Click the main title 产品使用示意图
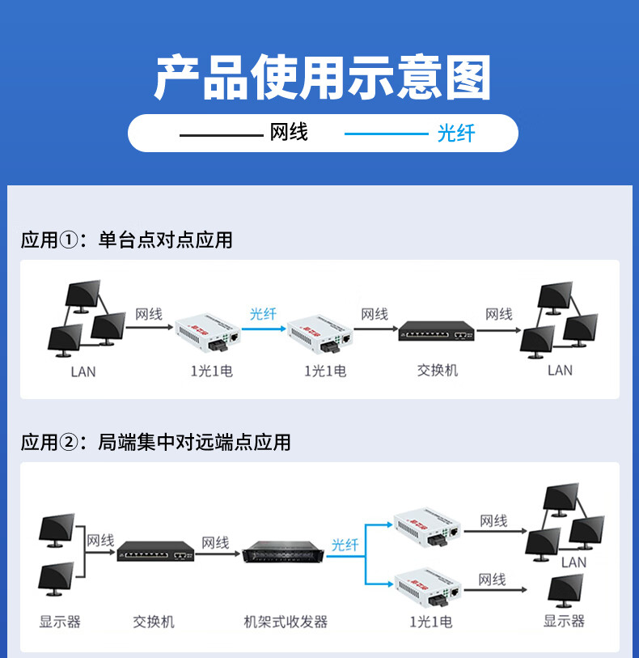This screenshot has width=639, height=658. pyautogui.click(x=323, y=77)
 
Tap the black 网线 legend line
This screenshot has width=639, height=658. pyautogui.click(x=221, y=135)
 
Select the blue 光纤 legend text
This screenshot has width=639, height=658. pyautogui.click(x=455, y=134)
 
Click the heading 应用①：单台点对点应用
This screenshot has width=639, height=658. pyautogui.click(x=126, y=240)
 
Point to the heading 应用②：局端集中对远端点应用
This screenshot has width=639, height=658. pyautogui.click(x=155, y=442)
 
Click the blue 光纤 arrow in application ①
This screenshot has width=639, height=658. pyautogui.click(x=264, y=329)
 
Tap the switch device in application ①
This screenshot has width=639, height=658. pyautogui.click(x=437, y=331)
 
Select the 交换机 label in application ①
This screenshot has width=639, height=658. pyautogui.click(x=438, y=370)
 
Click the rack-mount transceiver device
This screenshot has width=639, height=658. pyautogui.click(x=283, y=551)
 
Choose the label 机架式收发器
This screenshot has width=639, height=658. pyautogui.click(x=286, y=622)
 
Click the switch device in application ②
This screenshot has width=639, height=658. pyautogui.click(x=155, y=551)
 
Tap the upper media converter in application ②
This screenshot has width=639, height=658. pyautogui.click(x=427, y=528)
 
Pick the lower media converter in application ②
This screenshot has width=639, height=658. pyautogui.click(x=428, y=587)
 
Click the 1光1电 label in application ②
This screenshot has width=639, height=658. pyautogui.click(x=431, y=622)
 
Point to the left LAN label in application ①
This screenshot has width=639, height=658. pyautogui.click(x=83, y=371)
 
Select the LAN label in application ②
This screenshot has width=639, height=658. pyautogui.click(x=573, y=562)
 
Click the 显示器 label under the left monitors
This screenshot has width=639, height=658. pyautogui.click(x=60, y=622)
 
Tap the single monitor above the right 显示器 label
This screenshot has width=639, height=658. pyautogui.click(x=565, y=591)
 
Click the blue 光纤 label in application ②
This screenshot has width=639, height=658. pyautogui.click(x=345, y=545)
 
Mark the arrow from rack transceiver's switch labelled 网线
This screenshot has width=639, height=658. pyautogui.click(x=218, y=554)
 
